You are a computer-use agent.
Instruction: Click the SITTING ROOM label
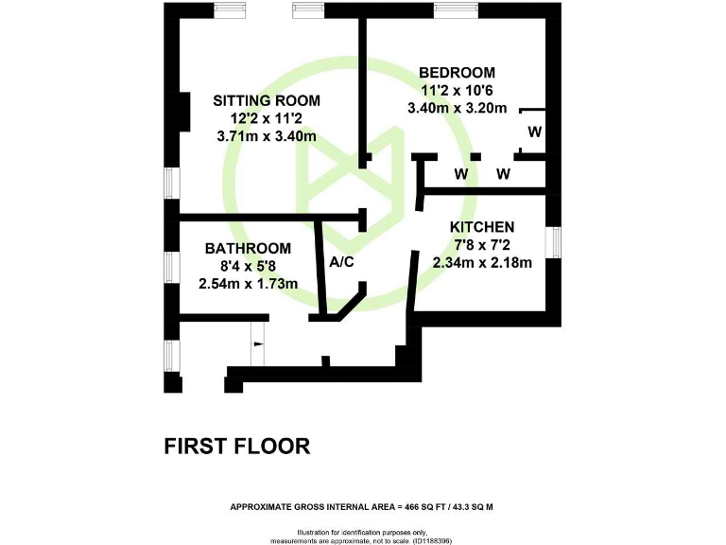point(266,100)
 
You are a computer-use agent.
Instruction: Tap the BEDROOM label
point(458,72)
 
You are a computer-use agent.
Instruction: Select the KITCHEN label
point(482,227)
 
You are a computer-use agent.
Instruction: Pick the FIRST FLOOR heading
point(237,446)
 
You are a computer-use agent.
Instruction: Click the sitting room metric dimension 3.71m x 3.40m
point(266,136)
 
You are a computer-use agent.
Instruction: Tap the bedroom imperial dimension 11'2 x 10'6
point(458,90)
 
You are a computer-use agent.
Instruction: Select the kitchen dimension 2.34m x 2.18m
point(482,263)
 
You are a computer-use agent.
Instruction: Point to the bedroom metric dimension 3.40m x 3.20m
point(458,108)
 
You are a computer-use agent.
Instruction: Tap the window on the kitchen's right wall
point(557,242)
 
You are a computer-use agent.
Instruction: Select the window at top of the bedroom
point(450,9)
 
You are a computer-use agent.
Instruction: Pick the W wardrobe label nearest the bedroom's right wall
point(534,132)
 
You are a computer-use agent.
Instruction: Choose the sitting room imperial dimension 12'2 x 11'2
point(266,118)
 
